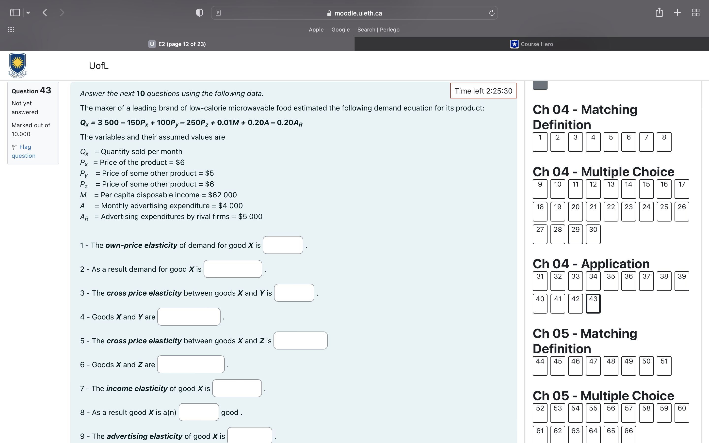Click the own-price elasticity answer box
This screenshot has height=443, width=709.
point(283,245)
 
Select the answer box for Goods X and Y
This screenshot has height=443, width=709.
point(189,316)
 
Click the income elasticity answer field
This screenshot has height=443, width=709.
point(237,388)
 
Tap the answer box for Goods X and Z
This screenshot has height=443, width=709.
point(191,364)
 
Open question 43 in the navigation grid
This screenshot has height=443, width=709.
point(593,303)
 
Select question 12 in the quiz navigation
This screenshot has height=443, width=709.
point(593,189)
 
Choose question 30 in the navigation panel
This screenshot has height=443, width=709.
point(593,234)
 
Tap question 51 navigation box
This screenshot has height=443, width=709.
point(664,366)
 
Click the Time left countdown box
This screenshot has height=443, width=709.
point(483,91)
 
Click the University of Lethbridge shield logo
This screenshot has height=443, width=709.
point(17,65)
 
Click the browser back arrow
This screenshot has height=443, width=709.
point(45,13)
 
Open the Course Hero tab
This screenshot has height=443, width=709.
point(532,44)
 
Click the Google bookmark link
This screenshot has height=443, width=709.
point(340,30)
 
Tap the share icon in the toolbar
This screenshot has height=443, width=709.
point(659,13)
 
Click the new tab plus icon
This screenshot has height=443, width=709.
point(677,13)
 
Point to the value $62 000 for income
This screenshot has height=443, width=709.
point(222,195)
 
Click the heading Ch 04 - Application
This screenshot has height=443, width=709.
point(591,264)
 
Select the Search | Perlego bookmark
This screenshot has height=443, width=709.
point(378,30)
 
